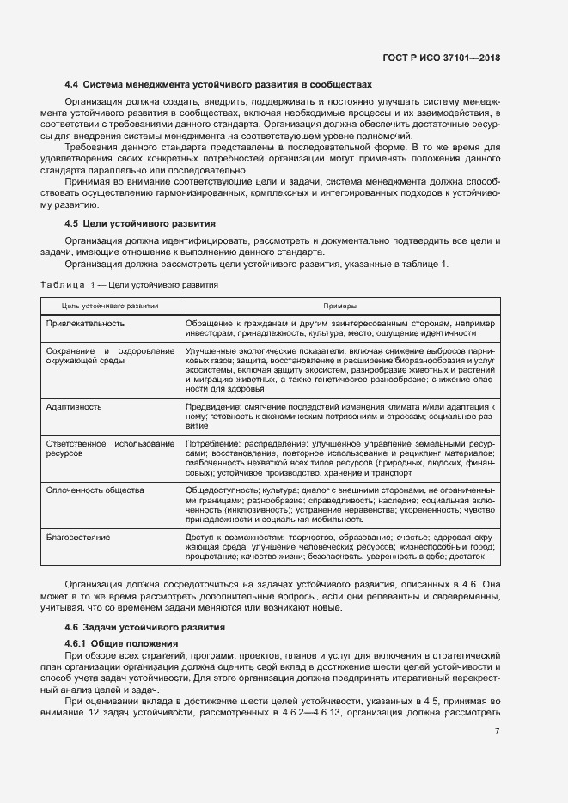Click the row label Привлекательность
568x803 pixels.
click(85, 323)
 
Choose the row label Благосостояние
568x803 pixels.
click(78, 537)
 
